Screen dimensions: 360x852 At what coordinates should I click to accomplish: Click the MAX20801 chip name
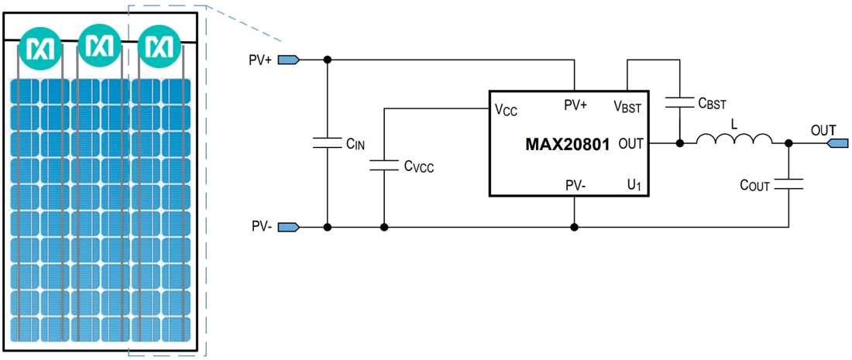(x=568, y=144)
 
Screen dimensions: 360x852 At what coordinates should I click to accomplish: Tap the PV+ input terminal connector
(x=288, y=60)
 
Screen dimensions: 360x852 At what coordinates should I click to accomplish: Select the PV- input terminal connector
(x=288, y=227)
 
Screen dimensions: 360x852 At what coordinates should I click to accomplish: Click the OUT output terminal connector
(x=839, y=143)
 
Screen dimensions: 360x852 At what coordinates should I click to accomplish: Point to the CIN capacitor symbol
(x=328, y=142)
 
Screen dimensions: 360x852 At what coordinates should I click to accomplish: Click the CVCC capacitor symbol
(x=384, y=163)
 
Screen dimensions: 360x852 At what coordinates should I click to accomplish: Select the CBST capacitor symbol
(x=679, y=101)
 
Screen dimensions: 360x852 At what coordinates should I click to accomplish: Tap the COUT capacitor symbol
(x=788, y=184)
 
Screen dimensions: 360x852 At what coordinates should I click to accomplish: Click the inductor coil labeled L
(x=734, y=139)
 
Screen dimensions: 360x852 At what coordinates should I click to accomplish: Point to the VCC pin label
(x=506, y=109)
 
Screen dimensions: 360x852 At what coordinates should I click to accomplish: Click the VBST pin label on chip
(x=627, y=106)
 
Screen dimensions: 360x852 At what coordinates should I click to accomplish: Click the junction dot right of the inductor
(x=788, y=143)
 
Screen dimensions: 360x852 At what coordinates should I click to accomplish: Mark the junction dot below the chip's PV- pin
(x=574, y=227)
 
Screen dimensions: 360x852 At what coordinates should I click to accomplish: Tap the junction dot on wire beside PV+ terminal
(x=328, y=60)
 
